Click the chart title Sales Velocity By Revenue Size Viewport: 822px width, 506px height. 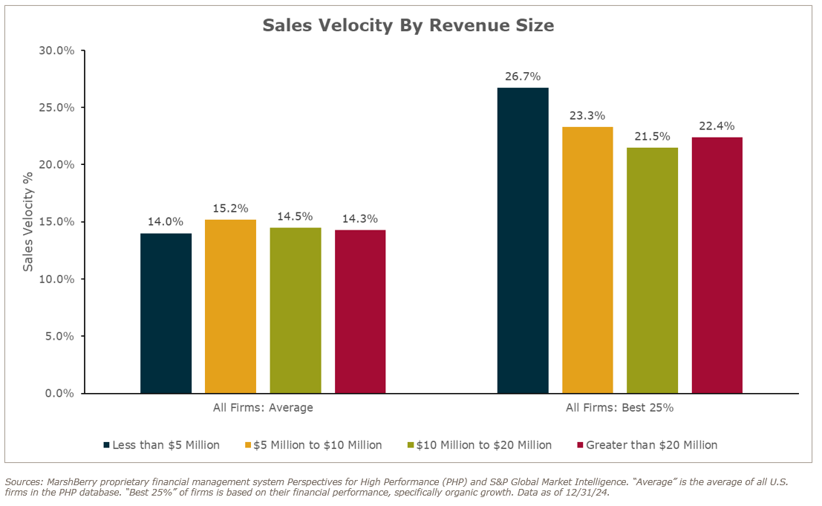click(408, 25)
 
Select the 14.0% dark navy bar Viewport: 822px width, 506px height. click(166, 313)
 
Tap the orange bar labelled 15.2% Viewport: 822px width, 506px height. click(230, 306)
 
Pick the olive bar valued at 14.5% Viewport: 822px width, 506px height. click(296, 310)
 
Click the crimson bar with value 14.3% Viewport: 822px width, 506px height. click(360, 311)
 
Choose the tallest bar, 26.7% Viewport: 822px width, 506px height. click(523, 240)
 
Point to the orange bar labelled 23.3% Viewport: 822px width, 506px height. click(587, 259)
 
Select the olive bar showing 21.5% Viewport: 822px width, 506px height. click(652, 270)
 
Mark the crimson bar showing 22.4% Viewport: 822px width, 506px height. click(717, 265)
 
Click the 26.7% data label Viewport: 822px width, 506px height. click(523, 77)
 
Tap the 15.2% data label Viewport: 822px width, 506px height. click(230, 208)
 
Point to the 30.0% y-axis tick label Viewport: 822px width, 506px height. click(56, 51)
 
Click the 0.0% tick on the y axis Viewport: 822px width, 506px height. click(59, 393)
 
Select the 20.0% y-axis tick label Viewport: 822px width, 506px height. click(56, 164)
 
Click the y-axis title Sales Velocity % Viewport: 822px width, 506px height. click(28, 221)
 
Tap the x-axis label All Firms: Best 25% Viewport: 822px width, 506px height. click(619, 408)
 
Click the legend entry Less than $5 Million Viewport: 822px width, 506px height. click(166, 445)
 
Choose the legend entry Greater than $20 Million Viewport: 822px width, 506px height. click(651, 445)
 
